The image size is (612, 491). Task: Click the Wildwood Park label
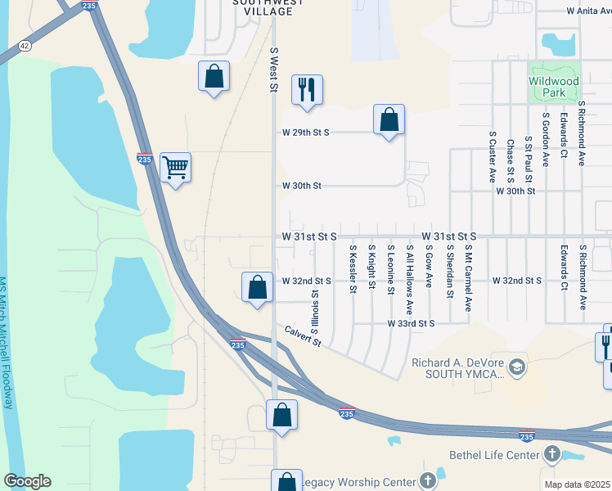pyautogui.click(x=554, y=87)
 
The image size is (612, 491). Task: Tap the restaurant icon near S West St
pyautogui.click(x=307, y=90)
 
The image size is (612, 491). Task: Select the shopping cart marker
pyautogui.click(x=175, y=168)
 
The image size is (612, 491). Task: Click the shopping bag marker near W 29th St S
pyautogui.click(x=389, y=119)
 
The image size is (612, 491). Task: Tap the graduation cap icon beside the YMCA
pyautogui.click(x=516, y=367)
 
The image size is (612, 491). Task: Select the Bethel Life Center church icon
pyautogui.click(x=552, y=454)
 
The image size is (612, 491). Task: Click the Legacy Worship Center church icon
pyautogui.click(x=426, y=481)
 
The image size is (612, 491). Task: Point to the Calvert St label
pyautogui.click(x=304, y=336)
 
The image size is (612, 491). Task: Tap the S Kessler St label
pyautogui.click(x=353, y=268)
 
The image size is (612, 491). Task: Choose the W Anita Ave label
pyautogui.click(x=588, y=11)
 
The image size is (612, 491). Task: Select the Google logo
pyautogui.click(x=27, y=481)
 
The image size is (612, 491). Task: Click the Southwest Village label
pyautogui.click(x=262, y=7)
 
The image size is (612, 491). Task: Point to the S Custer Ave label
pyautogui.click(x=493, y=156)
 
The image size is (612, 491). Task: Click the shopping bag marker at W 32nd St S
pyautogui.click(x=257, y=287)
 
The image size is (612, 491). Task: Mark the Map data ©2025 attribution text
pyautogui.click(x=578, y=484)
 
